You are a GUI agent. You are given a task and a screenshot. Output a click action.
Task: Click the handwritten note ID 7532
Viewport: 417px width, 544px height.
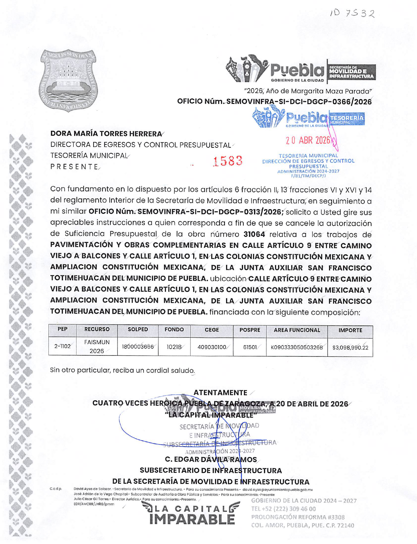(352, 13)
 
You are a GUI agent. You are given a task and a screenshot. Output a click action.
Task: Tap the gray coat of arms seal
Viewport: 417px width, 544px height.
(68, 80)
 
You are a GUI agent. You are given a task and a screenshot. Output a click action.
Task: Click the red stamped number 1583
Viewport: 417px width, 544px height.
(227, 161)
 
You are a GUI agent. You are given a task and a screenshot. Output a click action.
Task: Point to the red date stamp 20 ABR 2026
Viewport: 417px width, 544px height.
(308, 140)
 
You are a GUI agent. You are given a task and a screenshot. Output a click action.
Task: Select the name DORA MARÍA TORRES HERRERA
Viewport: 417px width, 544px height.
(106, 134)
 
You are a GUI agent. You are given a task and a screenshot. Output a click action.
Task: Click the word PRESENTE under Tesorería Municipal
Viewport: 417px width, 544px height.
(74, 167)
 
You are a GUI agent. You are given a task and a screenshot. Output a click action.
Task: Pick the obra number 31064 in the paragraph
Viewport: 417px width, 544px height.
(254, 234)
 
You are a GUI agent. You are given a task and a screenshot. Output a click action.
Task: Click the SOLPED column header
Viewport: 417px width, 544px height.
(138, 330)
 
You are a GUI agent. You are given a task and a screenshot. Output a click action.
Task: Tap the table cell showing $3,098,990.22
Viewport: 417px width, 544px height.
(350, 348)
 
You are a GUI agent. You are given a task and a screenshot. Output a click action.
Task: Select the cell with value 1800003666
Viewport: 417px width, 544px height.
(138, 347)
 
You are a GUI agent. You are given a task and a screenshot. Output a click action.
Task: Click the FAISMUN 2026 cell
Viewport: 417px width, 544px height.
(97, 347)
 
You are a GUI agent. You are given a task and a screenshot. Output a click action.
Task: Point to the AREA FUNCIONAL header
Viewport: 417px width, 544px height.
(297, 330)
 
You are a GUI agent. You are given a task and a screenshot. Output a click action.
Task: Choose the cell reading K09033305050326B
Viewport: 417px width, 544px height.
(297, 348)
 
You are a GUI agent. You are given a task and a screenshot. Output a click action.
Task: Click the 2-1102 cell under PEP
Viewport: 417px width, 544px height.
(62, 347)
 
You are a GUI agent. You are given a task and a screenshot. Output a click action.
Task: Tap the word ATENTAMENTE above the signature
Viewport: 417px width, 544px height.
(220, 393)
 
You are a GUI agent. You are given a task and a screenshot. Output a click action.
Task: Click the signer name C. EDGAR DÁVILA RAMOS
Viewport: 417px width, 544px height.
(211, 459)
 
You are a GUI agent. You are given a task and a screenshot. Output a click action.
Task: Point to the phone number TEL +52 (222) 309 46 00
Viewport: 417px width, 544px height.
(283, 509)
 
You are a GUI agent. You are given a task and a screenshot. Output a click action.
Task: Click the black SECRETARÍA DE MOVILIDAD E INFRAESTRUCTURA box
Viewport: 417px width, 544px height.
(351, 72)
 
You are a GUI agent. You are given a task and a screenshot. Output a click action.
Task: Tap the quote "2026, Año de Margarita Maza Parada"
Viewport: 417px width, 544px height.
(308, 91)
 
